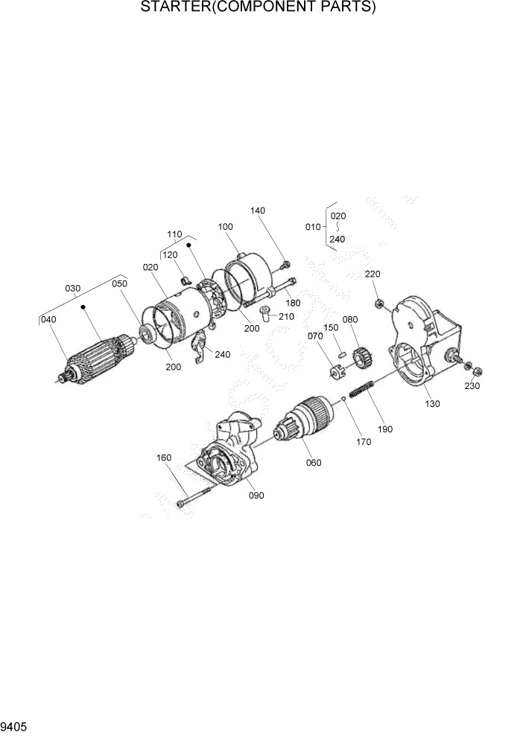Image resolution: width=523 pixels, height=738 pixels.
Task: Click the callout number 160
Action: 165,458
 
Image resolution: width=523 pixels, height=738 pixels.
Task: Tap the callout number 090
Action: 256,495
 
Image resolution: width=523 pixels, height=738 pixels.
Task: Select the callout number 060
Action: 314,463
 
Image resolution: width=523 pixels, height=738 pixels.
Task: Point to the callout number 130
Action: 432,403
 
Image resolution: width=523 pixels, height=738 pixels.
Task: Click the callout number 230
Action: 472,386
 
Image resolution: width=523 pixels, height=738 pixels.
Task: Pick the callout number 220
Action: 373,274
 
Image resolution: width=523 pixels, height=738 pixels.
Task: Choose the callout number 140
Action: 258,211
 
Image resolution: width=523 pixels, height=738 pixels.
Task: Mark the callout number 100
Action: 226,226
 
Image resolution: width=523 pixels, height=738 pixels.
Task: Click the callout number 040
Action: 48,320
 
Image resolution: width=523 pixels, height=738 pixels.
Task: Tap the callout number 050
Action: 119,283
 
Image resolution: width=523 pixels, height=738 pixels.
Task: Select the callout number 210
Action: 286,316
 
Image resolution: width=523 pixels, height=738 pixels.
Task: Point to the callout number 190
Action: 385,429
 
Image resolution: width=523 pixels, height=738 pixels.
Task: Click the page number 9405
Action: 15,725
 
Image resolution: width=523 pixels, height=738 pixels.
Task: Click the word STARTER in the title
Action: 174,8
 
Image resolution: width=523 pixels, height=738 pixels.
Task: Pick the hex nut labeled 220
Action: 379,303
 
